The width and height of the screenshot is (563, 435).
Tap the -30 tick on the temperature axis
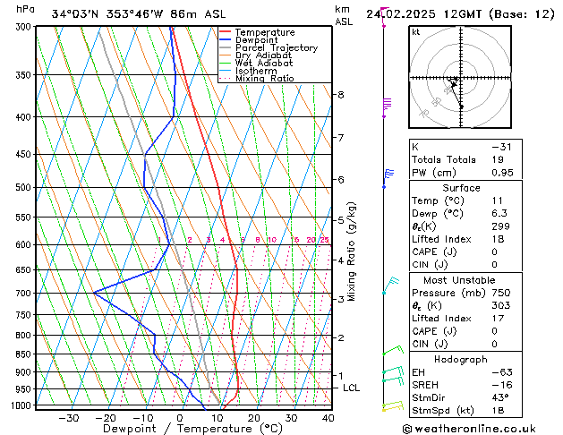click(69, 418)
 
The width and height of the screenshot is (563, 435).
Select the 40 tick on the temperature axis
click(328, 418)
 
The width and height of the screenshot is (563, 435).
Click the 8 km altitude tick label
click(341, 95)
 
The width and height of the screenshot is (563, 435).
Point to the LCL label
click(351, 388)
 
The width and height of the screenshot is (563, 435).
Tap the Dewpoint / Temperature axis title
click(181, 429)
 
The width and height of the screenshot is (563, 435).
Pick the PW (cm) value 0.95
click(501, 173)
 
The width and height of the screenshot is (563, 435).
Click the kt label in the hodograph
click(416, 32)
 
